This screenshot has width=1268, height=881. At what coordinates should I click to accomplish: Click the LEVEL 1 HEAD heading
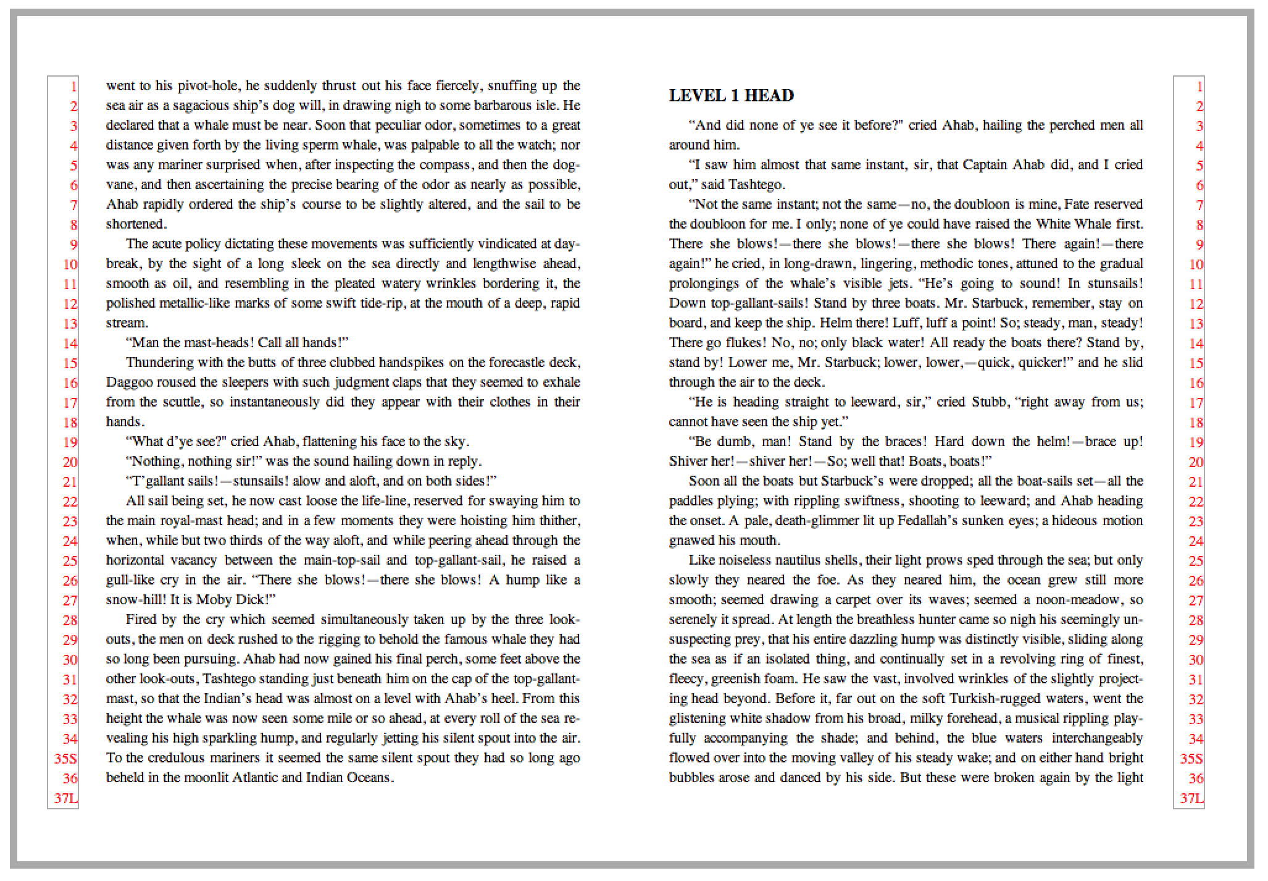tap(731, 96)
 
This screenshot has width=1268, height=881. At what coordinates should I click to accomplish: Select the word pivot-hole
tap(207, 86)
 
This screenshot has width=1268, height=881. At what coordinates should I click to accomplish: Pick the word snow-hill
tap(132, 600)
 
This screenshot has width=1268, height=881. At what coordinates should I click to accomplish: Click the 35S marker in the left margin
tap(65, 759)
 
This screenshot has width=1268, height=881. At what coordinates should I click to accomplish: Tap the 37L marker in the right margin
tap(1191, 798)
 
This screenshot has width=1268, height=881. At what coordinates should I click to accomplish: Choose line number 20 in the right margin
tap(1196, 462)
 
